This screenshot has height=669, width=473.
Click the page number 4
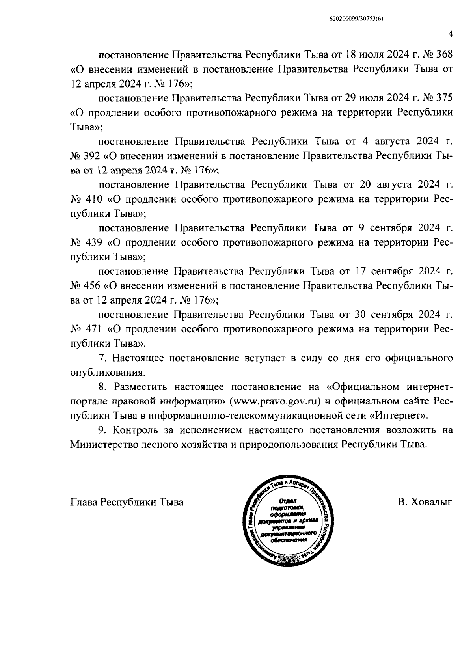point(450,34)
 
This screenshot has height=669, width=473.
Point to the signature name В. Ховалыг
point(425,503)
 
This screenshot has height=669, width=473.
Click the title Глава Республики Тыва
point(127,503)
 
